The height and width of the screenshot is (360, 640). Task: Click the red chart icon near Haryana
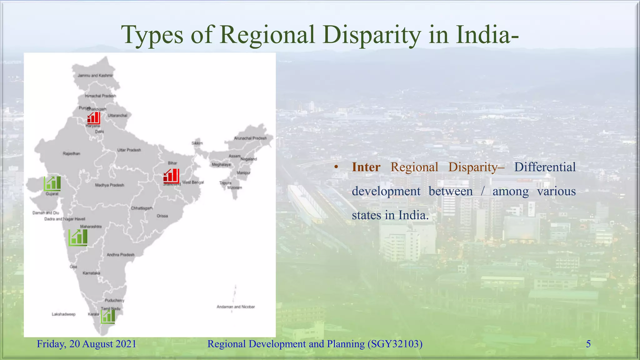[x=93, y=118]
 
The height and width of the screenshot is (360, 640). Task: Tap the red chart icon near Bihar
[x=171, y=176]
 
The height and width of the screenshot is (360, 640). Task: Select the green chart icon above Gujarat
[x=52, y=183]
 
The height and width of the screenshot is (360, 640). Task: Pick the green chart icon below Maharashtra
[x=78, y=237]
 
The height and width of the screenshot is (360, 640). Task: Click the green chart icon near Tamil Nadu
[x=108, y=316]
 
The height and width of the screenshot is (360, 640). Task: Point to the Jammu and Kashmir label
[x=95, y=75]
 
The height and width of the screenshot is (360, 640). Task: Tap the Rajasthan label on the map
[x=72, y=153]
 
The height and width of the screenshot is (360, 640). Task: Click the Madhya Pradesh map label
[x=110, y=185]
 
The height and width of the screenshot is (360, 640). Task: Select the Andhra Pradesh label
[x=121, y=255]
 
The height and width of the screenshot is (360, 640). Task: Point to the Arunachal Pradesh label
[x=250, y=138]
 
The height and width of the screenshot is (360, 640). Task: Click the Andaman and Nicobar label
[x=236, y=307]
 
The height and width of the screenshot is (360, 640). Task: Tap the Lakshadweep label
[x=64, y=314]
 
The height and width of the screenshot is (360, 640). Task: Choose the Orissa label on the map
[x=162, y=216]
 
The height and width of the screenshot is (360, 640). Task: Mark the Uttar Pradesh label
[x=129, y=150]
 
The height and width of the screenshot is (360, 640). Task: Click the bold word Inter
[x=366, y=167]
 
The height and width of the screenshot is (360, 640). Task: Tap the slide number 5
[x=588, y=344]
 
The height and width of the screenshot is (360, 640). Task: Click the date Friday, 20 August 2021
[x=87, y=344]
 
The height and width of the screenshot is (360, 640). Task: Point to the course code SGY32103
[x=395, y=344]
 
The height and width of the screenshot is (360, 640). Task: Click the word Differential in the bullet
[x=545, y=167]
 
